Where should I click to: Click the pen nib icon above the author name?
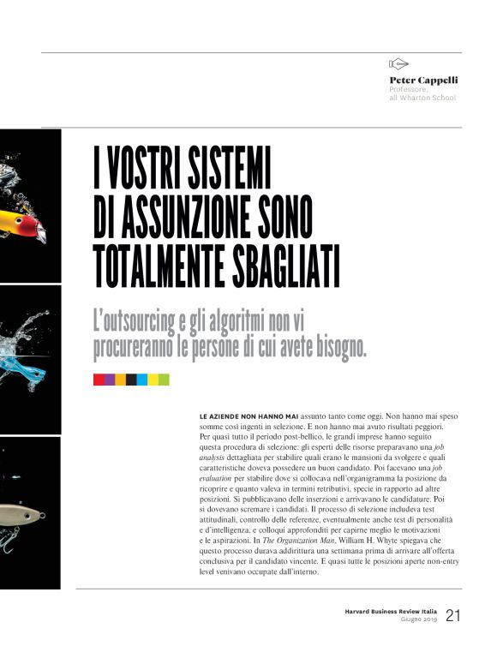tap(398, 64)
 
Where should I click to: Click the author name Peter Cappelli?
tap(423, 80)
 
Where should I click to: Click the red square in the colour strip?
tap(99, 380)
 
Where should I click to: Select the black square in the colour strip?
tap(131, 380)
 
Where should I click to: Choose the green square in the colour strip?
tap(164, 380)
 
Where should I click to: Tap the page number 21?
tap(452, 616)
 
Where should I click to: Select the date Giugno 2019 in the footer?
tap(419, 620)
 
